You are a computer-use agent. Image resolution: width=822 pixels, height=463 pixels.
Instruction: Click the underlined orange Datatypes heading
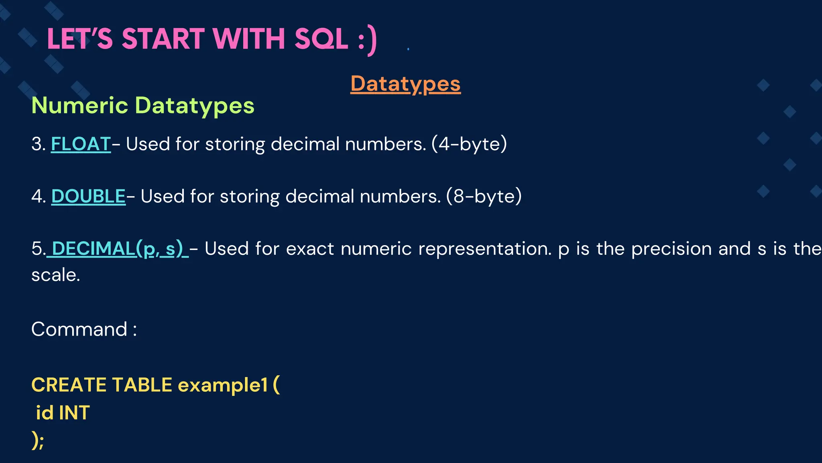pos(405,84)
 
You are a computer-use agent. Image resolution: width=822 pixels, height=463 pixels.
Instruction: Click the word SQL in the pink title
pos(321,39)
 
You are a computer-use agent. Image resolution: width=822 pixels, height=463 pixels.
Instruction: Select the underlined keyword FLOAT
pos(81,144)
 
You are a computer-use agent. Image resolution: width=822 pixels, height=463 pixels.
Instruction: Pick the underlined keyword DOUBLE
pos(88,196)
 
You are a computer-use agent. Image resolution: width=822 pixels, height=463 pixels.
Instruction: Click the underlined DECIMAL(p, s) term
pos(117,248)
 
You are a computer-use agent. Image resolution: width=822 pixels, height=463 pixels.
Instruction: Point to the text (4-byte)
pos(469,144)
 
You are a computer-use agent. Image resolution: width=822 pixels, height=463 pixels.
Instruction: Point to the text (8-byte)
pos(484,196)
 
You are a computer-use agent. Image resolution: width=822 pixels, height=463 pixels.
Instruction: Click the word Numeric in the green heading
pos(79,105)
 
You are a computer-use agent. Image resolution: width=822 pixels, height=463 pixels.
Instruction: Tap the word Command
pos(79,329)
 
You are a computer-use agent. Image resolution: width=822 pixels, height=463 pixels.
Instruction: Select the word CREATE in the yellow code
pos(68,385)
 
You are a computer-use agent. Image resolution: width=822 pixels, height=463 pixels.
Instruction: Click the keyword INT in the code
pos(74,413)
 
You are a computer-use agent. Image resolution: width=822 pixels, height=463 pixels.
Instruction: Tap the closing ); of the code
pos(38,440)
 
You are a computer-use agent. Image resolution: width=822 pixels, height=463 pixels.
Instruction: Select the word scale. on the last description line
pos(55,275)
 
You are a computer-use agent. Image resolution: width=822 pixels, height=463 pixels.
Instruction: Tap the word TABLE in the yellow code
pos(142,385)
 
